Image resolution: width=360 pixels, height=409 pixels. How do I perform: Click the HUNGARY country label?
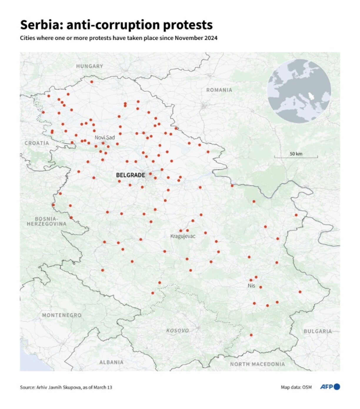[x=89, y=66]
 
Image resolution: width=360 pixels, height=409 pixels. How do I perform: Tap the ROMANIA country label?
[x=219, y=90]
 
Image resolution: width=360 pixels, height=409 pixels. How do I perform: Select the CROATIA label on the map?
[x=37, y=143]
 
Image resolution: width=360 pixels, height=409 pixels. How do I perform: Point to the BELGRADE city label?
[x=131, y=175]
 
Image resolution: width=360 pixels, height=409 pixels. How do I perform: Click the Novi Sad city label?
[x=105, y=137]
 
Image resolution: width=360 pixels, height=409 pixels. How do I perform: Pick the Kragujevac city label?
[x=183, y=236]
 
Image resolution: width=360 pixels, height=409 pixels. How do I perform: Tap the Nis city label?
[x=251, y=286]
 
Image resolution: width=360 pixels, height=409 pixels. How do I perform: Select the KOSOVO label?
[x=178, y=330]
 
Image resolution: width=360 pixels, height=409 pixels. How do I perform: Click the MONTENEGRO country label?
[x=62, y=315]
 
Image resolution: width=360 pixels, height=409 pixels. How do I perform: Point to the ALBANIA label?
[x=111, y=362]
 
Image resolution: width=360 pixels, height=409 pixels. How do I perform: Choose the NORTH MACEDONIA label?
[x=257, y=364]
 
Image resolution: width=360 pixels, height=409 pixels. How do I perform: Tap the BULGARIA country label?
[x=318, y=331]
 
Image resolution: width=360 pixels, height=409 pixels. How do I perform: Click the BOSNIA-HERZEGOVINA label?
[x=46, y=221]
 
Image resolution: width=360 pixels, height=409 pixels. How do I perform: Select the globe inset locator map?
[x=299, y=91]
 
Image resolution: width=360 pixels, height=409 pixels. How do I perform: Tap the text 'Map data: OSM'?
[x=296, y=387]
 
